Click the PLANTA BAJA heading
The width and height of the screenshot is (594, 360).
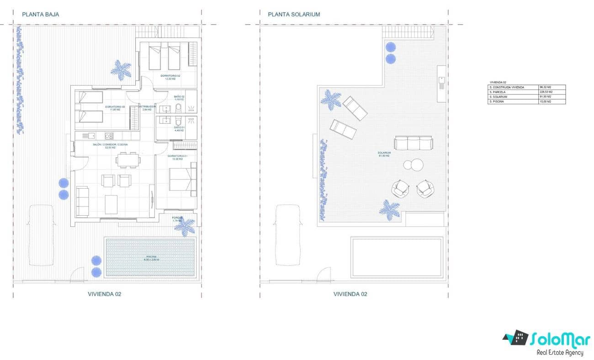[41, 14]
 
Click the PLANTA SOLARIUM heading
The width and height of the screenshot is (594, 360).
[294, 14]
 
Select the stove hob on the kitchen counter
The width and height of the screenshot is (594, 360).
[109, 136]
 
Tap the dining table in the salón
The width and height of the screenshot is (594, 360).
[127, 160]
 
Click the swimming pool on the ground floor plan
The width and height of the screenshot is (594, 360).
[151, 259]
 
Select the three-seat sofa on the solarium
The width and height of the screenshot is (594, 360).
[414, 143]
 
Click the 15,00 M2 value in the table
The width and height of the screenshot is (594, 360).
[552, 101]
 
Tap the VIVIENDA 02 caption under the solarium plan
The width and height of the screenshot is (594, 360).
[350, 294]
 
